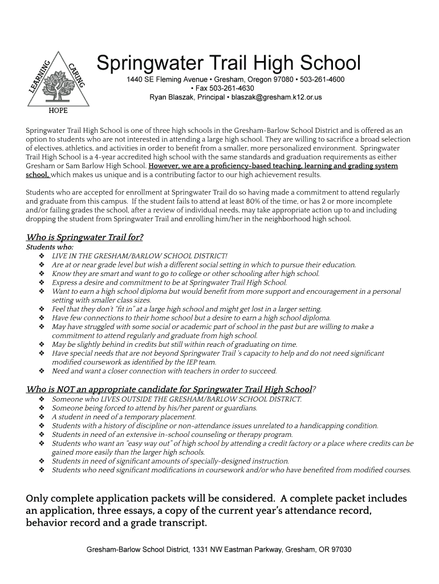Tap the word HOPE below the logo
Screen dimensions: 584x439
pyautogui.click(x=57, y=111)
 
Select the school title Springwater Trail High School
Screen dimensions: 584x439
pyautogui.click(x=229, y=63)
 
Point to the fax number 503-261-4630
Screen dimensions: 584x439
pyautogui.click(x=232, y=88)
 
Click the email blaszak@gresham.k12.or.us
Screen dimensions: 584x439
pyautogui.click(x=277, y=98)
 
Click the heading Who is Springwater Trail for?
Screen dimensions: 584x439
pyautogui.click(x=85, y=237)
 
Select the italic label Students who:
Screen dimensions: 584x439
pyautogui.click(x=50, y=248)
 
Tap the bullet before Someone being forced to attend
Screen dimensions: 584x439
pyautogui.click(x=42, y=408)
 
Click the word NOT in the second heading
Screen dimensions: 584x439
pyautogui.click(x=65, y=390)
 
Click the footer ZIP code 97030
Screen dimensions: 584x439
pyautogui.click(x=340, y=550)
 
